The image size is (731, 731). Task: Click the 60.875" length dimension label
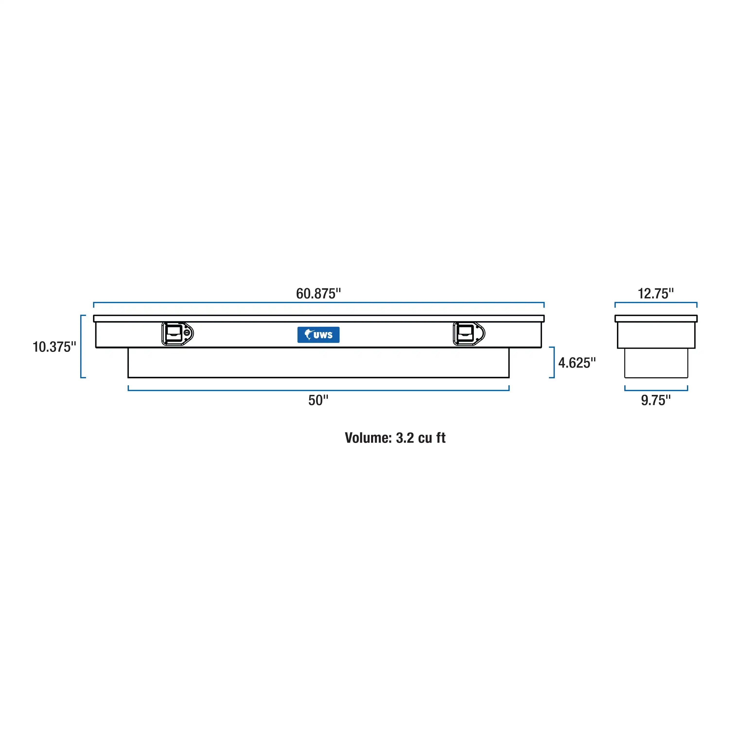click(318, 294)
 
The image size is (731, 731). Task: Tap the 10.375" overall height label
click(54, 347)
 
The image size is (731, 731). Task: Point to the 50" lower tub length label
click(318, 400)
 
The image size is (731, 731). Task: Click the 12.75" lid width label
click(656, 294)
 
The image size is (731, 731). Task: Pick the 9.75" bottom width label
click(656, 400)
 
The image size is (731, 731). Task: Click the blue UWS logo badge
click(318, 335)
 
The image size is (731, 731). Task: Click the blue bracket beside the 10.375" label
click(81, 346)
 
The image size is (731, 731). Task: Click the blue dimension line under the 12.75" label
click(656, 303)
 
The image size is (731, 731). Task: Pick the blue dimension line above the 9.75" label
click(656, 390)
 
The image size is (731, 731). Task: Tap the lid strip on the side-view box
click(656, 319)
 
